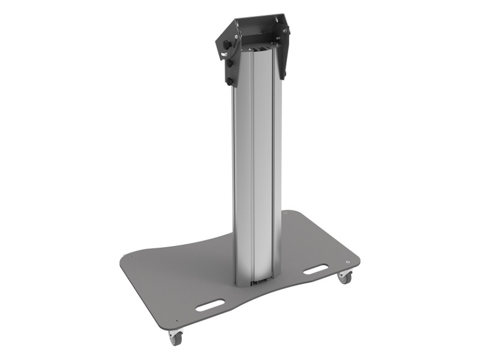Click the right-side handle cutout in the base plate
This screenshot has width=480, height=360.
pos(316,269)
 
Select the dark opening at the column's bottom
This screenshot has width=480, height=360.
pos(258,281)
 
